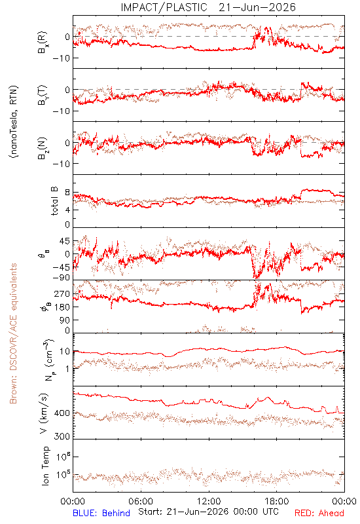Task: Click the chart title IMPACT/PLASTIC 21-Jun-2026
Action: (x=208, y=7)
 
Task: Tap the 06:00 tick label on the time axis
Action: (x=141, y=501)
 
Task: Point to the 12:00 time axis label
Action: (x=209, y=501)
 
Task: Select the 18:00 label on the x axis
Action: (x=277, y=501)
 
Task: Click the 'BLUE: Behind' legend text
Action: (x=101, y=513)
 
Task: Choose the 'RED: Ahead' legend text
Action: (x=319, y=513)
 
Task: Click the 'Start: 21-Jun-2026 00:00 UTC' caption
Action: (x=208, y=512)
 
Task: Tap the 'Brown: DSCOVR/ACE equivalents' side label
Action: (x=13, y=333)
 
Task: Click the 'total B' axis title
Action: (x=54, y=201)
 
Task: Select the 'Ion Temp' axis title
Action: (x=45, y=466)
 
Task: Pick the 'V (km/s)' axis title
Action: (x=45, y=413)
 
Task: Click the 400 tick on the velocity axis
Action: (x=62, y=413)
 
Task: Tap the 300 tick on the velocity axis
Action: (x=62, y=436)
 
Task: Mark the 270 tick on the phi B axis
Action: (x=62, y=293)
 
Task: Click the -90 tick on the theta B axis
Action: (x=61, y=278)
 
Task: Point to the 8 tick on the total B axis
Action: (x=67, y=193)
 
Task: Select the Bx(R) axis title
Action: (x=43, y=43)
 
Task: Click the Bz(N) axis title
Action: (x=43, y=148)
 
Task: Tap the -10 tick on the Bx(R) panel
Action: (x=61, y=58)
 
